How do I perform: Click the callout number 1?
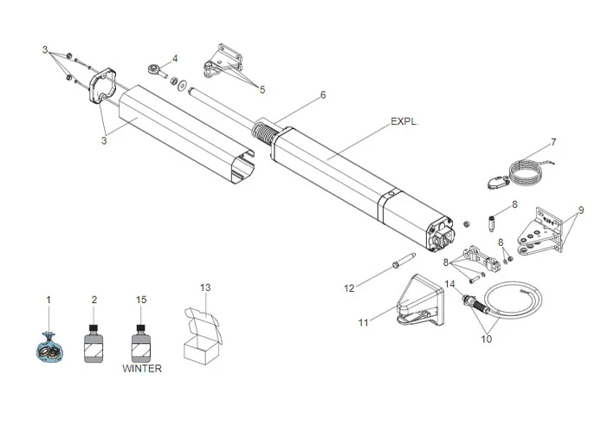[x=49, y=300]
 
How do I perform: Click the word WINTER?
[x=142, y=368]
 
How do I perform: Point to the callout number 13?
[x=205, y=287]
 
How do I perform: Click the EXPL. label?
[x=405, y=122]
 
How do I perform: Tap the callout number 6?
[x=323, y=94]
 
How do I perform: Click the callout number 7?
[x=553, y=141]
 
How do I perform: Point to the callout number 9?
[x=581, y=210]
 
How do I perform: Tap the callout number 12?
[x=349, y=288]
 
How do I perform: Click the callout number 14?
[x=449, y=284]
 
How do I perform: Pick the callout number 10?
[x=486, y=339]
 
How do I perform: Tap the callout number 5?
[x=262, y=89]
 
